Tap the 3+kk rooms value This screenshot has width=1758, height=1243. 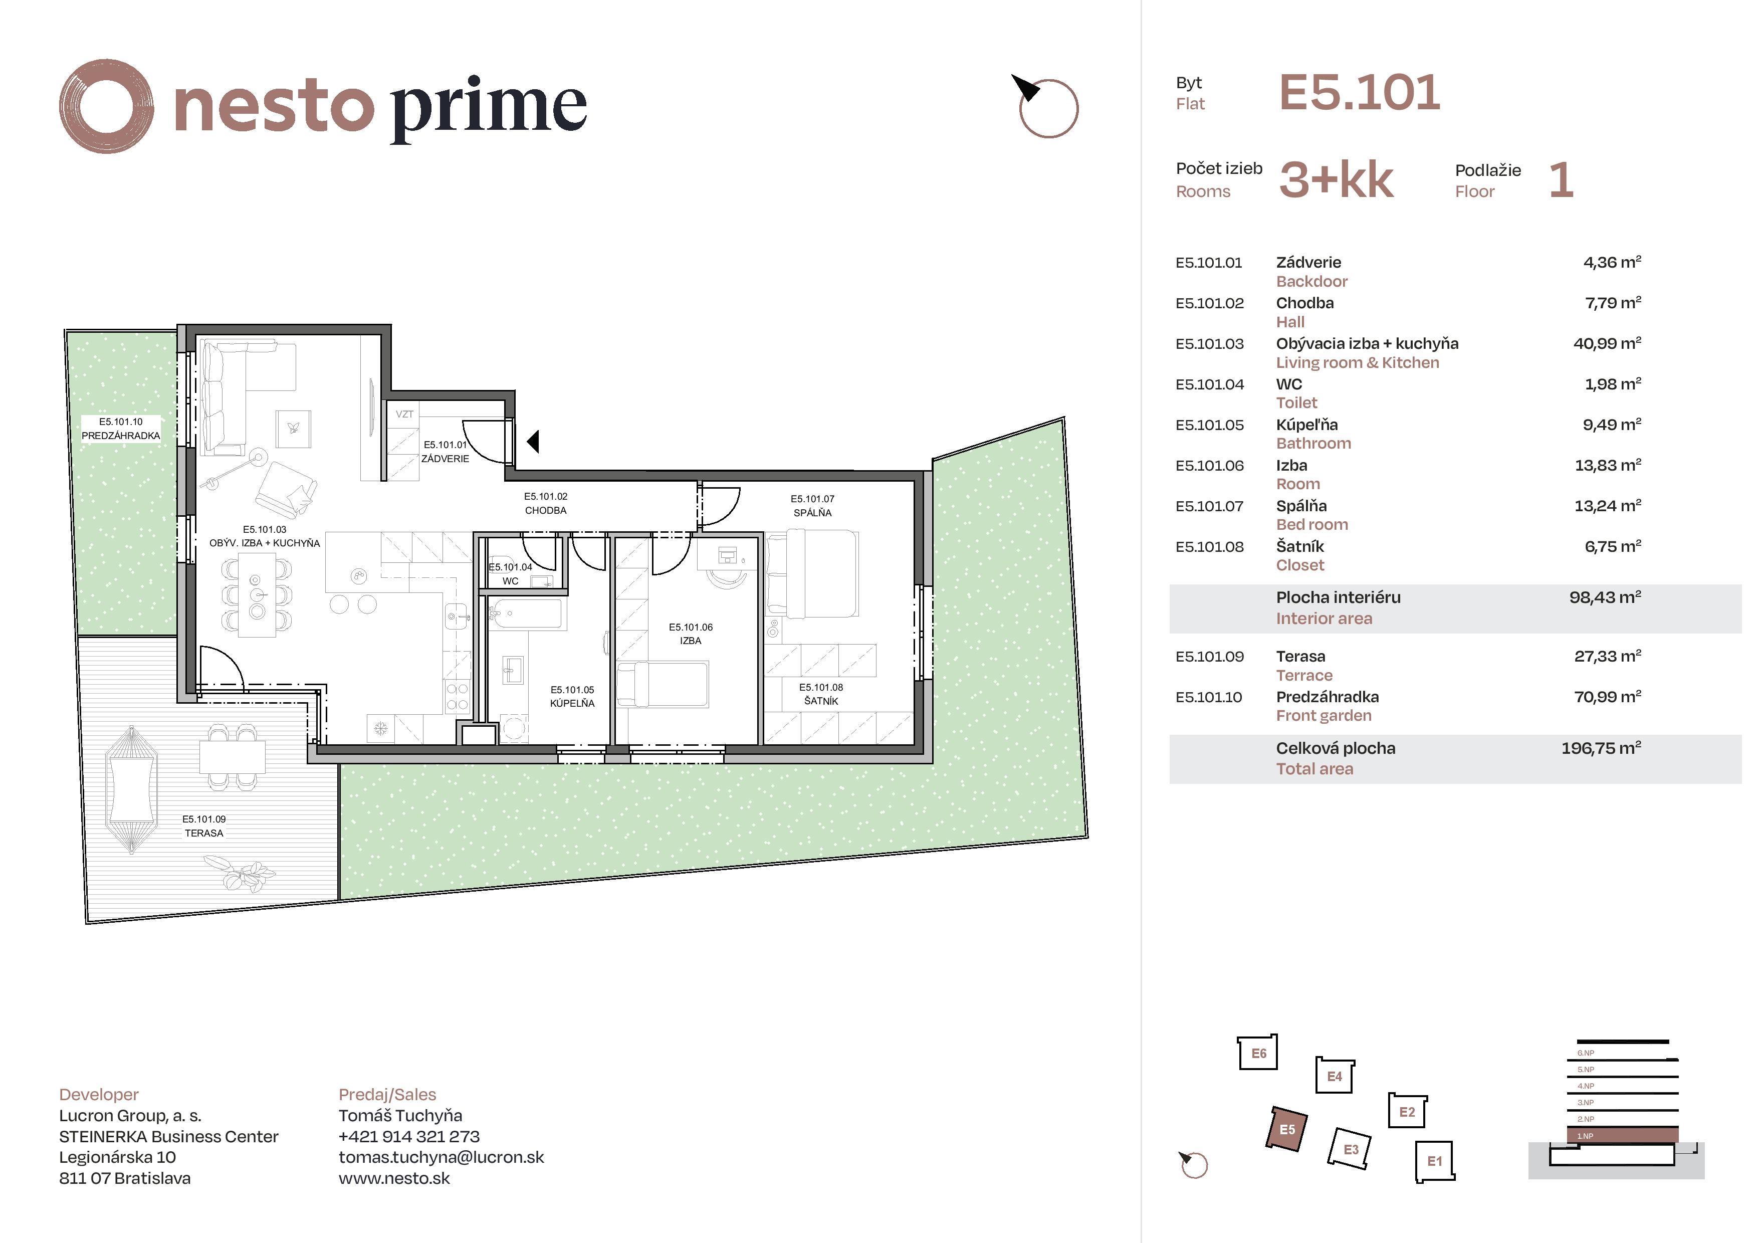click(x=1336, y=181)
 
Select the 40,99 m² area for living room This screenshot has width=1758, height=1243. click(x=1606, y=344)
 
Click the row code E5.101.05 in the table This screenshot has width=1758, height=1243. click(x=1209, y=425)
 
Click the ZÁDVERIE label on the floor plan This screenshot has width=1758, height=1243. click(x=445, y=459)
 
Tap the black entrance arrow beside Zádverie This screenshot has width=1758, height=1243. click(x=534, y=441)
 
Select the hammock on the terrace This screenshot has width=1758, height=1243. click(x=132, y=789)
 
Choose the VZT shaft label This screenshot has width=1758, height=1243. click(x=404, y=415)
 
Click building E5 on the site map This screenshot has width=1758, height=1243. click(x=1287, y=1130)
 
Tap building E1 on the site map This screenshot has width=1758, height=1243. click(x=1434, y=1161)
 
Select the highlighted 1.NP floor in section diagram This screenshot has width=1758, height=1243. click(x=1622, y=1136)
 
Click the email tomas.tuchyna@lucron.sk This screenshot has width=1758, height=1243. click(x=441, y=1157)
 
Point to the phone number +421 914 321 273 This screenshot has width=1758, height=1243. click(x=409, y=1137)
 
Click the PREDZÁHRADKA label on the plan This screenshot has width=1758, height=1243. click(x=121, y=436)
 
